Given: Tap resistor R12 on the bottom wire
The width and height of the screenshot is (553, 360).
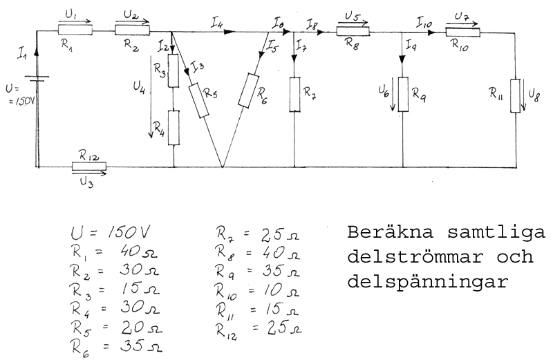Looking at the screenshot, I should tap(89, 167).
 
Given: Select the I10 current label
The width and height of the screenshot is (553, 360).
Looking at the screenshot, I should tap(423, 23).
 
